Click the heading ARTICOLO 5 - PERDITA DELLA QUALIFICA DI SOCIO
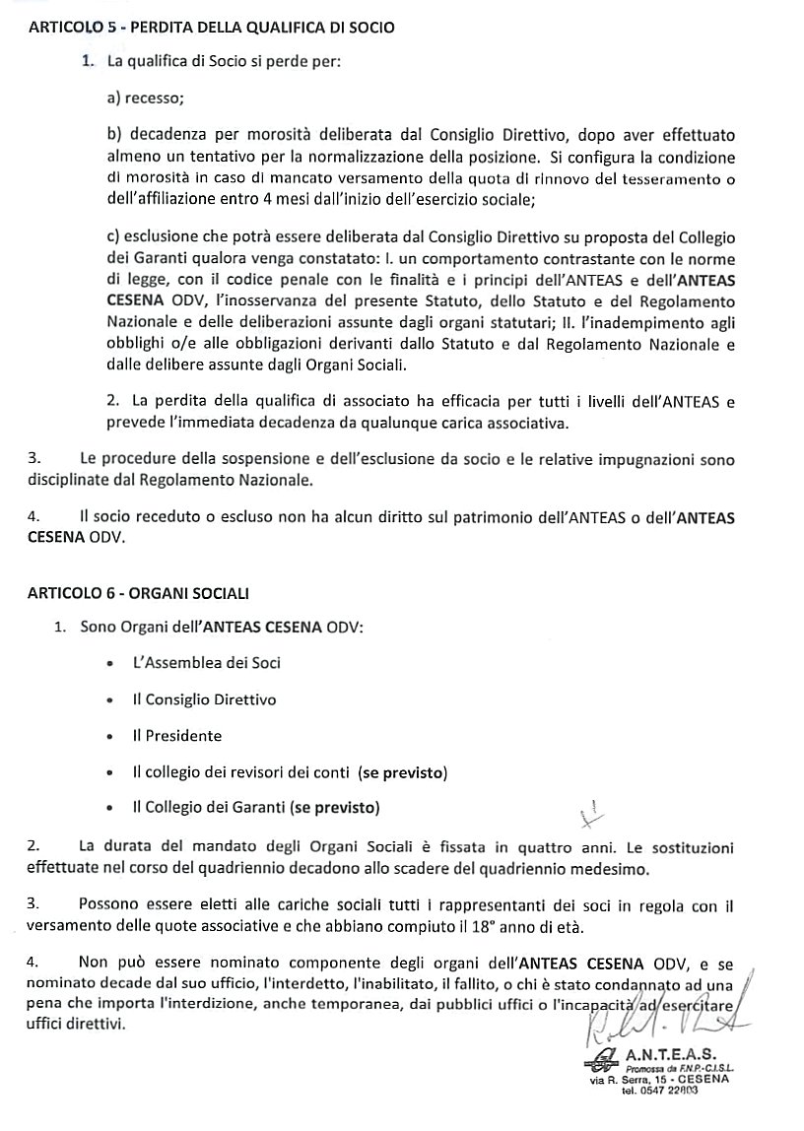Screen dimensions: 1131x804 211,28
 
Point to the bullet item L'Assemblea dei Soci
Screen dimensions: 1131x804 206,663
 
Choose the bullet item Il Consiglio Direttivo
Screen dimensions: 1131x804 204,699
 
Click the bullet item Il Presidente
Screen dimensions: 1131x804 176,736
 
